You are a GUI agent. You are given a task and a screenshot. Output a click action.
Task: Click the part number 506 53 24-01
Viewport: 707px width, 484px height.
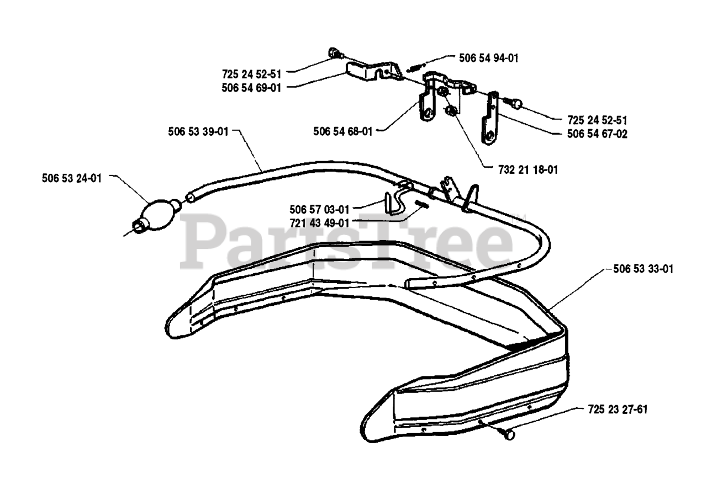point(71,178)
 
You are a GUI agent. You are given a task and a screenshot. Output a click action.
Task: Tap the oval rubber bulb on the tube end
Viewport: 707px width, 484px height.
point(157,212)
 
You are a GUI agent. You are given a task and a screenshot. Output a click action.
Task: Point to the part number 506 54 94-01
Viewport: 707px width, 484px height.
point(489,57)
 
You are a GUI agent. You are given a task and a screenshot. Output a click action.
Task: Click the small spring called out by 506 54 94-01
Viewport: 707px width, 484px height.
point(413,67)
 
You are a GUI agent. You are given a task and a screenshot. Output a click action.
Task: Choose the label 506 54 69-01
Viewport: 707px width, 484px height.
point(251,87)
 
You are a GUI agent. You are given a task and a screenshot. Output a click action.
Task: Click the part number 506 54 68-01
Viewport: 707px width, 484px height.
point(342,131)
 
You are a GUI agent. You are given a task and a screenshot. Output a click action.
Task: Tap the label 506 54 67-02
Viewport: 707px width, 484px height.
point(597,134)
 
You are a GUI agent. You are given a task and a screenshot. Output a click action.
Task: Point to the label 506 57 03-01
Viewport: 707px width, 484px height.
point(319,209)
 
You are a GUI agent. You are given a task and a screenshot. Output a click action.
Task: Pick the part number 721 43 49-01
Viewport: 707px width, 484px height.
point(319,223)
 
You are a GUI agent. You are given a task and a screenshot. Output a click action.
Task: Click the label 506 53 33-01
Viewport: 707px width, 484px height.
point(643,269)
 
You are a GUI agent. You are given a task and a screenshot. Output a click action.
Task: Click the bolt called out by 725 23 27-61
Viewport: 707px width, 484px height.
point(507,434)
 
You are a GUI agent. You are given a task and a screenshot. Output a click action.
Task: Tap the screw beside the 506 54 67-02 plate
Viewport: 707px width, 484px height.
point(514,102)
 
